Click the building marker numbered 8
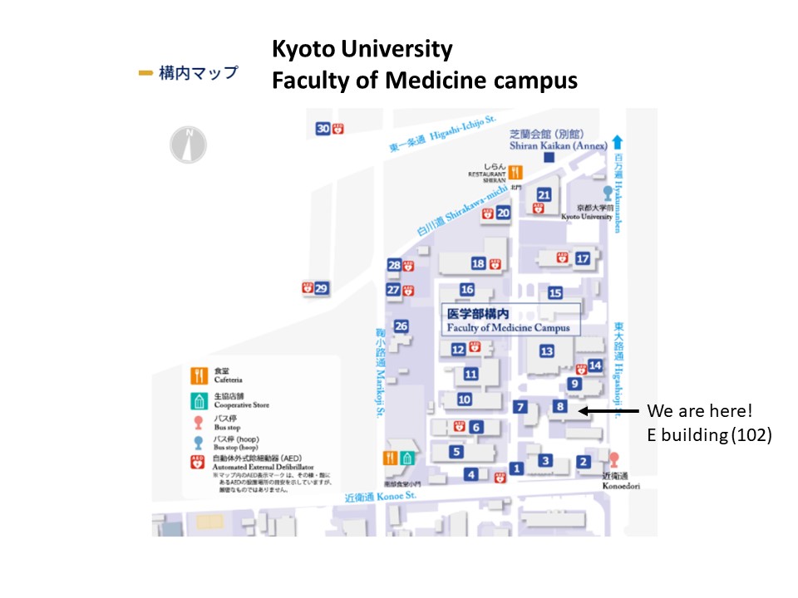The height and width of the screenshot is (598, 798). tap(561, 406)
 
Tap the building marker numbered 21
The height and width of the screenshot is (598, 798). tap(544, 194)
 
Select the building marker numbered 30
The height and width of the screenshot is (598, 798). tap(323, 128)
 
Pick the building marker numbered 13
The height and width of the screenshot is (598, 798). tap(546, 351)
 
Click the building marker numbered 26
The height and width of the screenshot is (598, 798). tap(401, 326)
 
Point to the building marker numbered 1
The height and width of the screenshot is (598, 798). tap(516, 468)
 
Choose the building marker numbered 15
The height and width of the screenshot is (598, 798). tap(555, 292)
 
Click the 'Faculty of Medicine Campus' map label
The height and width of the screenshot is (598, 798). tap(509, 327)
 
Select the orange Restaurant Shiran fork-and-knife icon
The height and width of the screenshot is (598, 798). tap(516, 173)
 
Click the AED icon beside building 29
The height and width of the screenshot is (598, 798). tap(307, 288)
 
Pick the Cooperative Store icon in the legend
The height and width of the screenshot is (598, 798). tap(199, 401)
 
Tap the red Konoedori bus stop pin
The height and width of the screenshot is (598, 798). tap(614, 458)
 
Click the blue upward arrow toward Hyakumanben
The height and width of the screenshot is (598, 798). tap(617, 141)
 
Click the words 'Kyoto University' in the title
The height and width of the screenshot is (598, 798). tap(362, 50)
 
